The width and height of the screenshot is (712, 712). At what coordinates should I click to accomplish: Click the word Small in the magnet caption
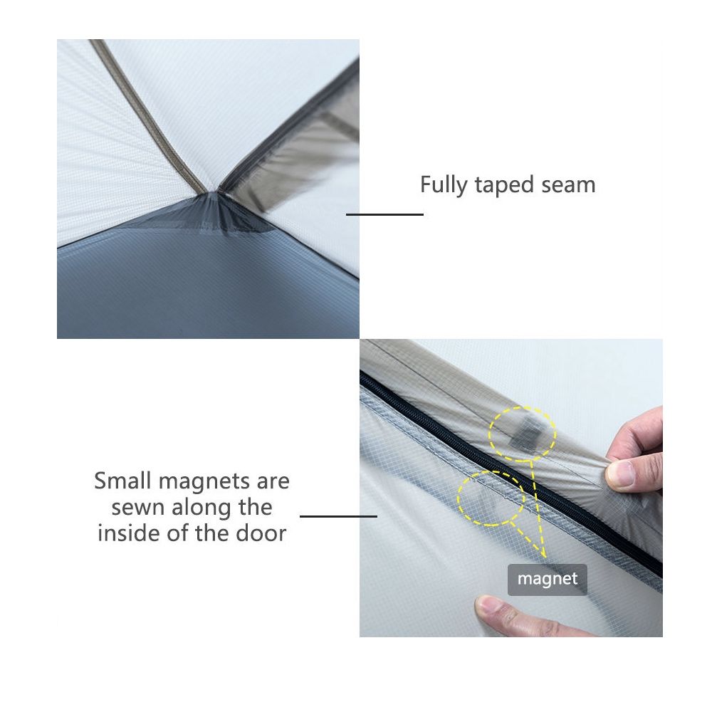[121, 481]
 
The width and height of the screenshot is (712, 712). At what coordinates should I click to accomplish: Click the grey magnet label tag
[547, 579]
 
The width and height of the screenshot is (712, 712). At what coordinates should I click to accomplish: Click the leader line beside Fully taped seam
[384, 214]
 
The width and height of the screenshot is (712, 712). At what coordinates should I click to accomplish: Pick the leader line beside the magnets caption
[338, 516]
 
